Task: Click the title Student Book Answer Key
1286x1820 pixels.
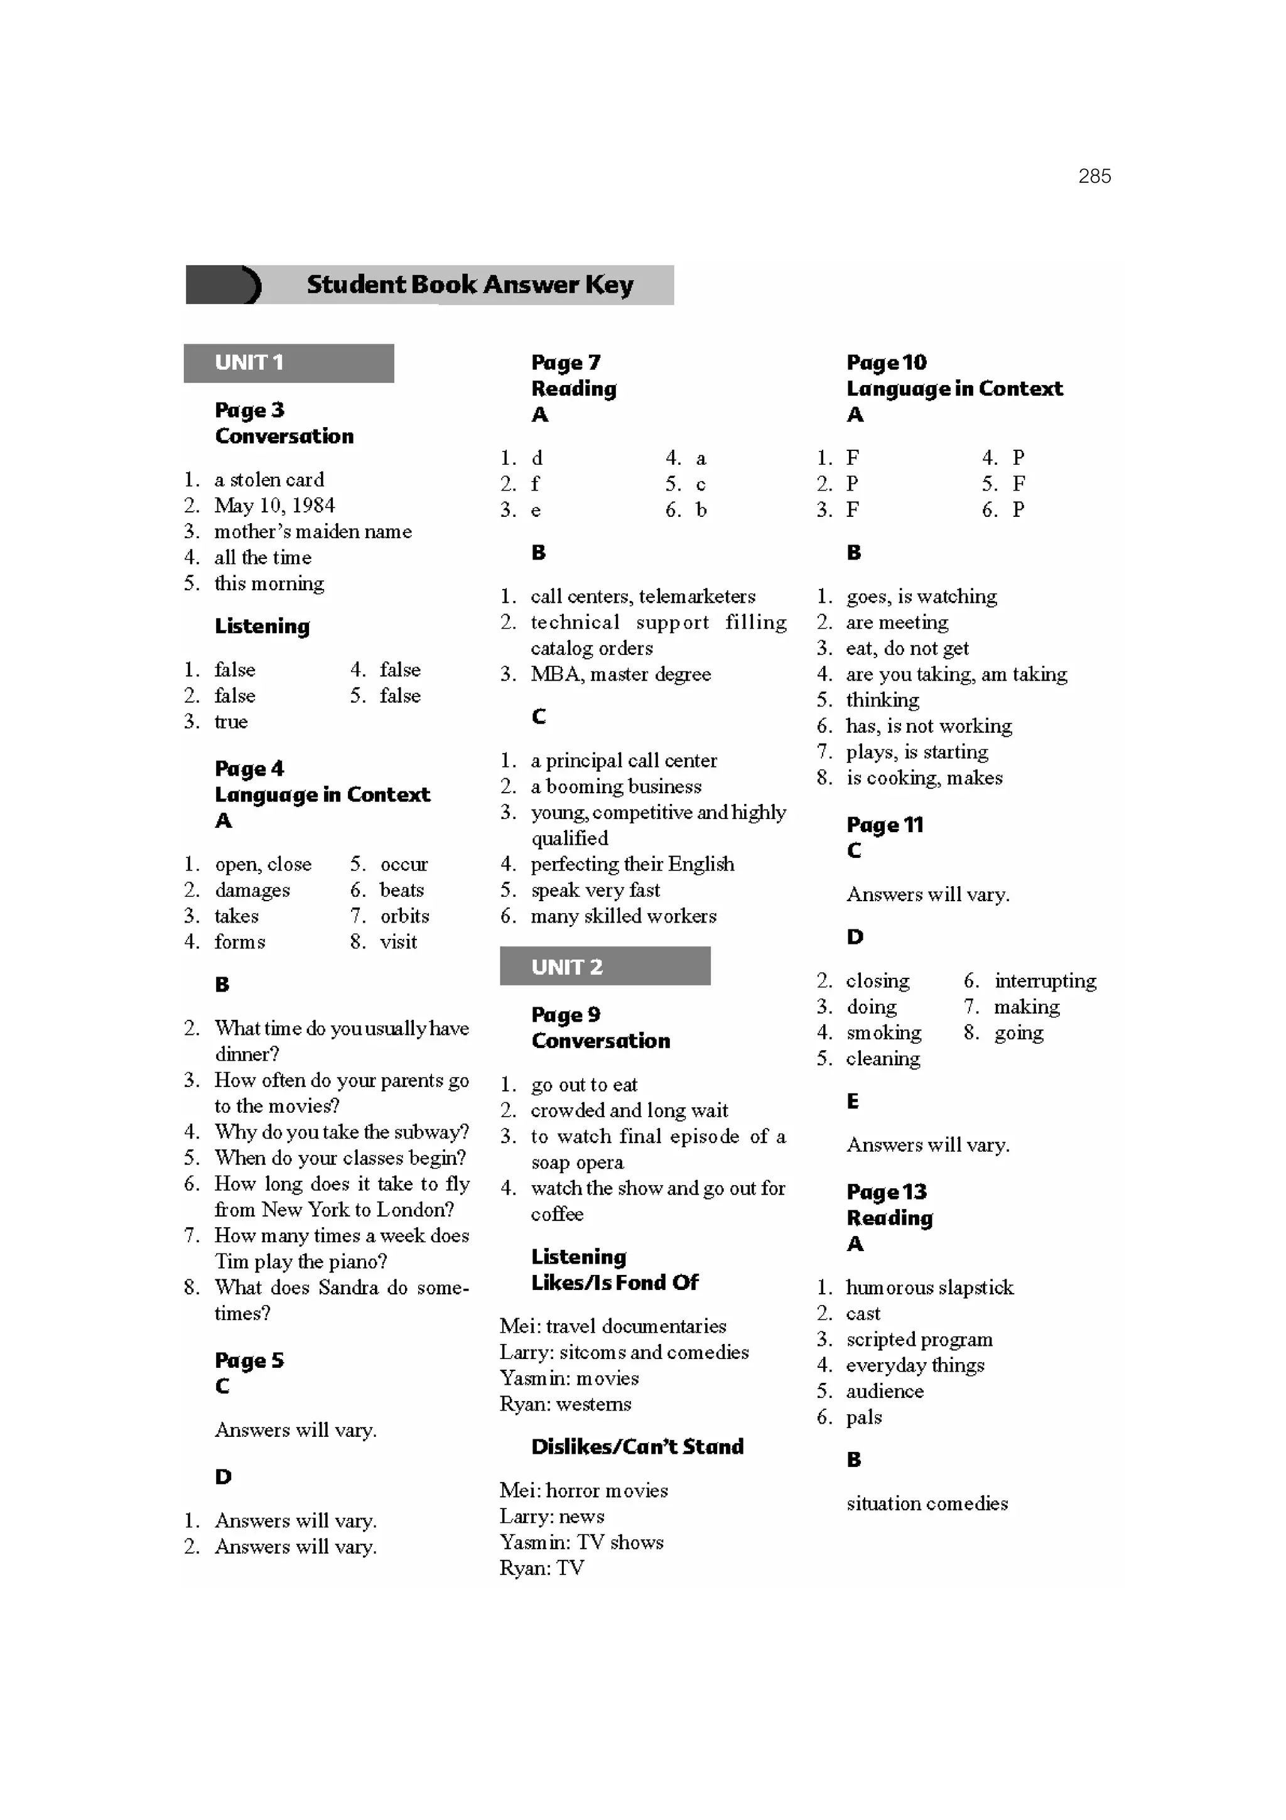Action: [469, 284]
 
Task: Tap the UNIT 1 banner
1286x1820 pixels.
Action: [288, 363]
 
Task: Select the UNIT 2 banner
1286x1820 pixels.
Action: [605, 967]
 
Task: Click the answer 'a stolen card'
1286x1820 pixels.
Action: [269, 480]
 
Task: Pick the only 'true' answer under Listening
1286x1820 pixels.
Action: [230, 722]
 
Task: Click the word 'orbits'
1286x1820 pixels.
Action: [404, 916]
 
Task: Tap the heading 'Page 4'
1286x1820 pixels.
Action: [249, 769]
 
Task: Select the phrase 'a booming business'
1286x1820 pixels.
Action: [615, 786]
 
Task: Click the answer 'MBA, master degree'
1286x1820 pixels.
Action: [620, 674]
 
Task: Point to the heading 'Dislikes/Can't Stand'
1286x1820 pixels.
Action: [637, 1447]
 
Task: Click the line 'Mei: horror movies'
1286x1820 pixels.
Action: [583, 1490]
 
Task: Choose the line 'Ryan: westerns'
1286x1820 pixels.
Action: [565, 1404]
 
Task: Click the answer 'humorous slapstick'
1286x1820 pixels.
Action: [929, 1287]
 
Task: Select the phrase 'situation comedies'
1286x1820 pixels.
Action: [927, 1503]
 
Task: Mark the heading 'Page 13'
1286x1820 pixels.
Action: [886, 1192]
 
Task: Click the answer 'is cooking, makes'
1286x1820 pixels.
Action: [924, 777]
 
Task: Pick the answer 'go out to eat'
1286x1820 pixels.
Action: [584, 1085]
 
